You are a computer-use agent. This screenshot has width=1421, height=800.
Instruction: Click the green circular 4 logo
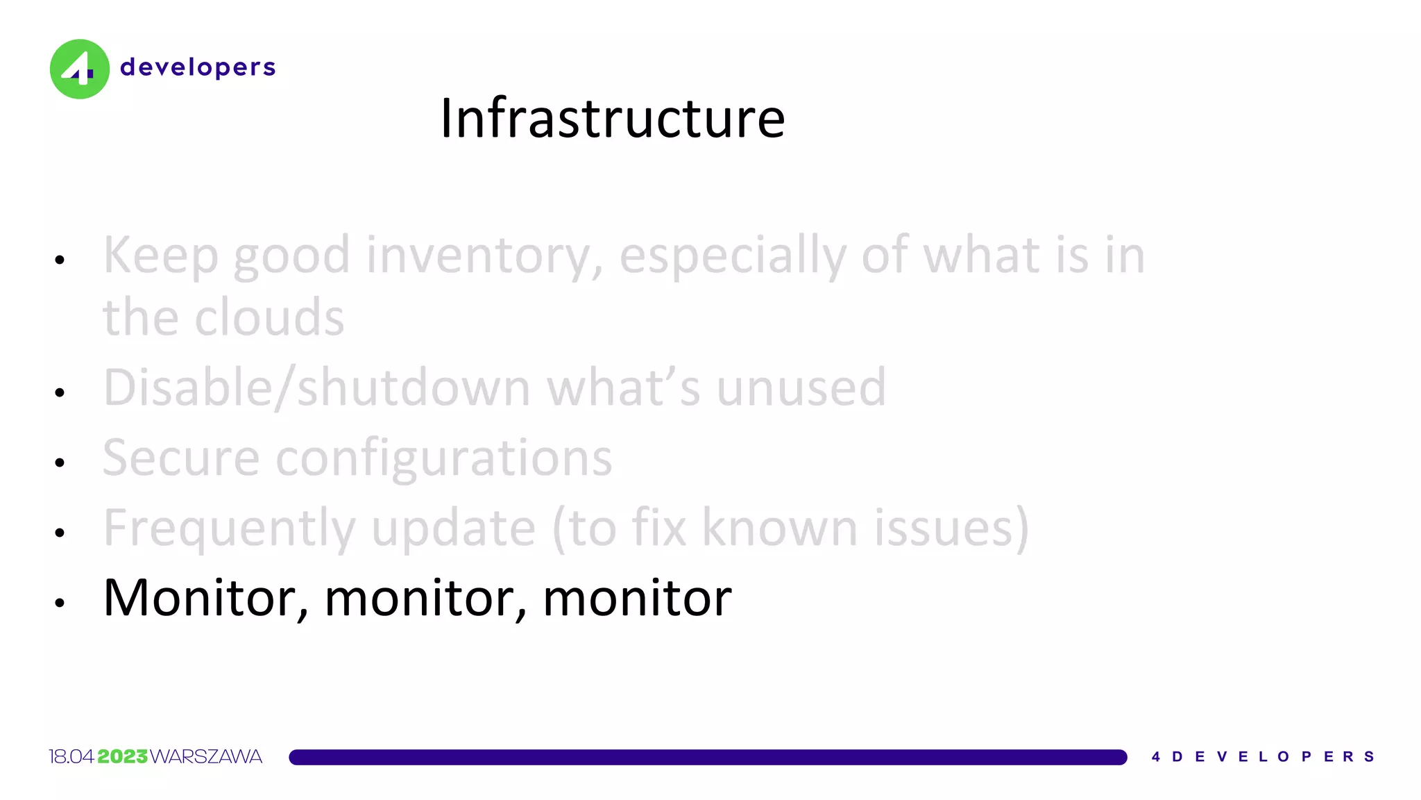pos(79,69)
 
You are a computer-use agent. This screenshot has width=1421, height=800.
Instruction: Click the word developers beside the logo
pos(198,67)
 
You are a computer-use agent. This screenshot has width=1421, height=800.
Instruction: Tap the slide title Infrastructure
pos(613,118)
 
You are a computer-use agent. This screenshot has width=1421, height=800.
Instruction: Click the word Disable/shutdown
pos(316,387)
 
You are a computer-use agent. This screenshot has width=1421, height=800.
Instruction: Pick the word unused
pos(801,387)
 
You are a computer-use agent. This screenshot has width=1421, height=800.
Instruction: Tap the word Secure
pos(180,458)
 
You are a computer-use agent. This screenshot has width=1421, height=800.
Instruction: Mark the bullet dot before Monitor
pos(60,603)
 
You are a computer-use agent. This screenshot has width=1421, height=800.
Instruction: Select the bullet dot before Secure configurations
pos(60,462)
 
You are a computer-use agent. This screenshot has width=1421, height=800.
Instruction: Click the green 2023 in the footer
pos(123,756)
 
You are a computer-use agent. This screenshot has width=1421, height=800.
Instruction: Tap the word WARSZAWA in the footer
pos(206,756)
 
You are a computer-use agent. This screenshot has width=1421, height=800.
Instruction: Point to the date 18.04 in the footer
pos(71,756)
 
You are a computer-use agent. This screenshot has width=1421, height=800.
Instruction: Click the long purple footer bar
pos(708,757)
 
